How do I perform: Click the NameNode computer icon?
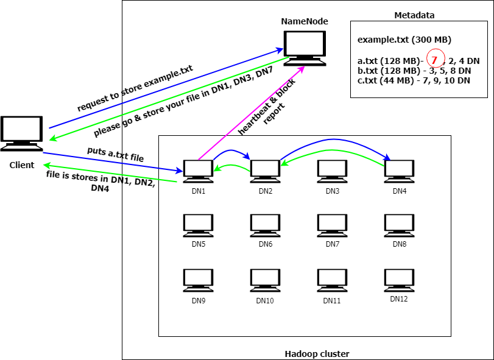coord(306,47)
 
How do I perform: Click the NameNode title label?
coord(305,22)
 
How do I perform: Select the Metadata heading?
coord(415,15)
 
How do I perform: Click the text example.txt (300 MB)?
coord(404,40)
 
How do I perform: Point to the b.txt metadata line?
coord(414,71)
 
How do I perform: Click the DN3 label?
coord(332,191)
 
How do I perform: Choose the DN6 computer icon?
coord(265,225)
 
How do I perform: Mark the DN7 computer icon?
coord(332,225)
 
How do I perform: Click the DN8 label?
coord(399,244)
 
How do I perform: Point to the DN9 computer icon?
coord(198,280)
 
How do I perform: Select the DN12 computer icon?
coord(399,280)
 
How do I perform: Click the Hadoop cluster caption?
coord(317,354)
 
